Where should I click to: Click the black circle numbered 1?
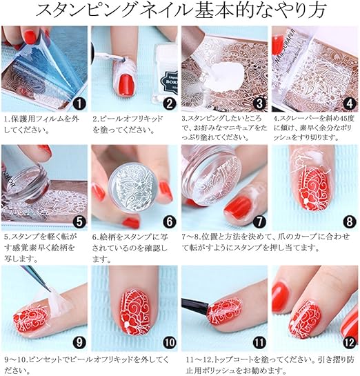(79, 104)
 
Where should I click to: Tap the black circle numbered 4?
(350, 104)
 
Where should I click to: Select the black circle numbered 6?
(169, 222)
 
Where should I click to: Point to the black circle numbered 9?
(79, 342)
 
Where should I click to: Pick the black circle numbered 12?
(350, 342)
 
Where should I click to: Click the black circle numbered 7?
(259, 222)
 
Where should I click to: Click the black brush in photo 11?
(195, 306)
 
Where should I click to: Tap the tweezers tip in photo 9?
(48, 289)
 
